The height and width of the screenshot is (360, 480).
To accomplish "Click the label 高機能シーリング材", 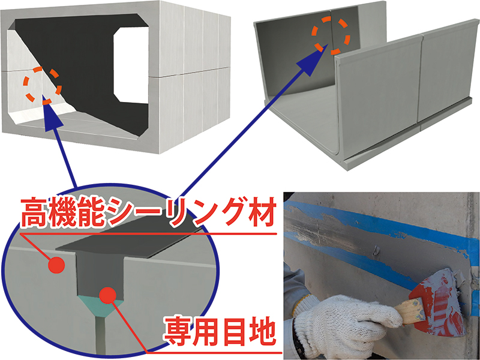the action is pyautogui.click(x=148, y=212).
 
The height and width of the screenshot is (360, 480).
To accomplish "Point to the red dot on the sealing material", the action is pyautogui.click(x=56, y=265).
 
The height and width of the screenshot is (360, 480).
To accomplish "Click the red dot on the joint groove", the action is pyautogui.click(x=108, y=295).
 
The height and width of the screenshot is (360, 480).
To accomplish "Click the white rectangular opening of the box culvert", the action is pyautogui.click(x=131, y=65).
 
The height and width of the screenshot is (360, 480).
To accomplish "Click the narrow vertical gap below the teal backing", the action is pyautogui.click(x=100, y=334).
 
